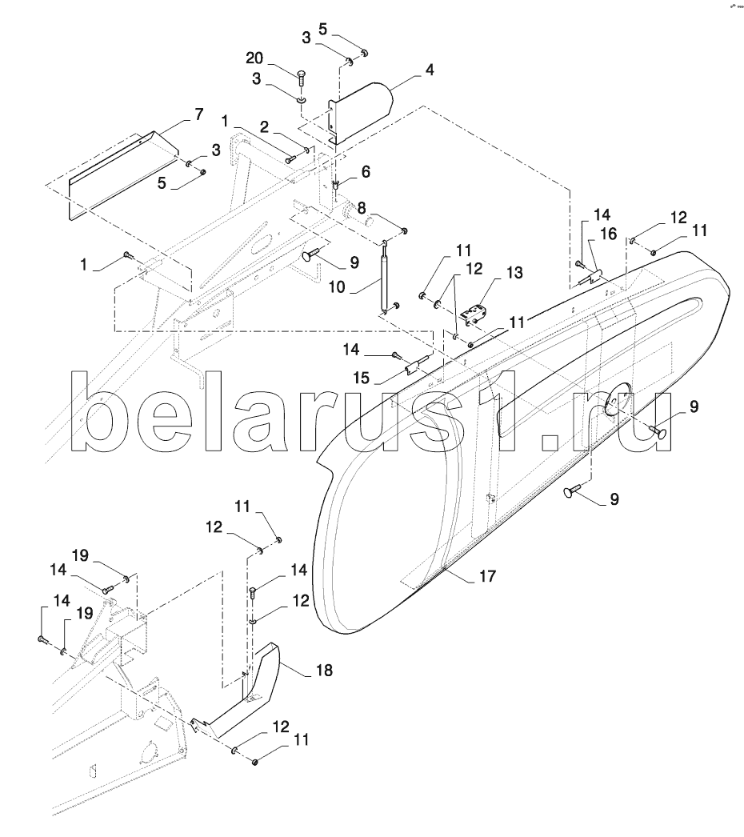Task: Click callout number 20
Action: point(255,58)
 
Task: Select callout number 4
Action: point(429,70)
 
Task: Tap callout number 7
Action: point(198,114)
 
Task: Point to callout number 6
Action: point(366,172)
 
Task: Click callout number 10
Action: point(337,287)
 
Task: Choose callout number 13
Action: point(514,273)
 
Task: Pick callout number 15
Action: point(362,378)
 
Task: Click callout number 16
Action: point(609,234)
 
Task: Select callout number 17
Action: point(487,576)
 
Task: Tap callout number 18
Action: point(325,670)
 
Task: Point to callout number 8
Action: point(362,207)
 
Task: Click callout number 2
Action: point(264,127)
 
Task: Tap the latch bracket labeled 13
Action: point(474,315)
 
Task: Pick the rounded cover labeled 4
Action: point(361,114)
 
